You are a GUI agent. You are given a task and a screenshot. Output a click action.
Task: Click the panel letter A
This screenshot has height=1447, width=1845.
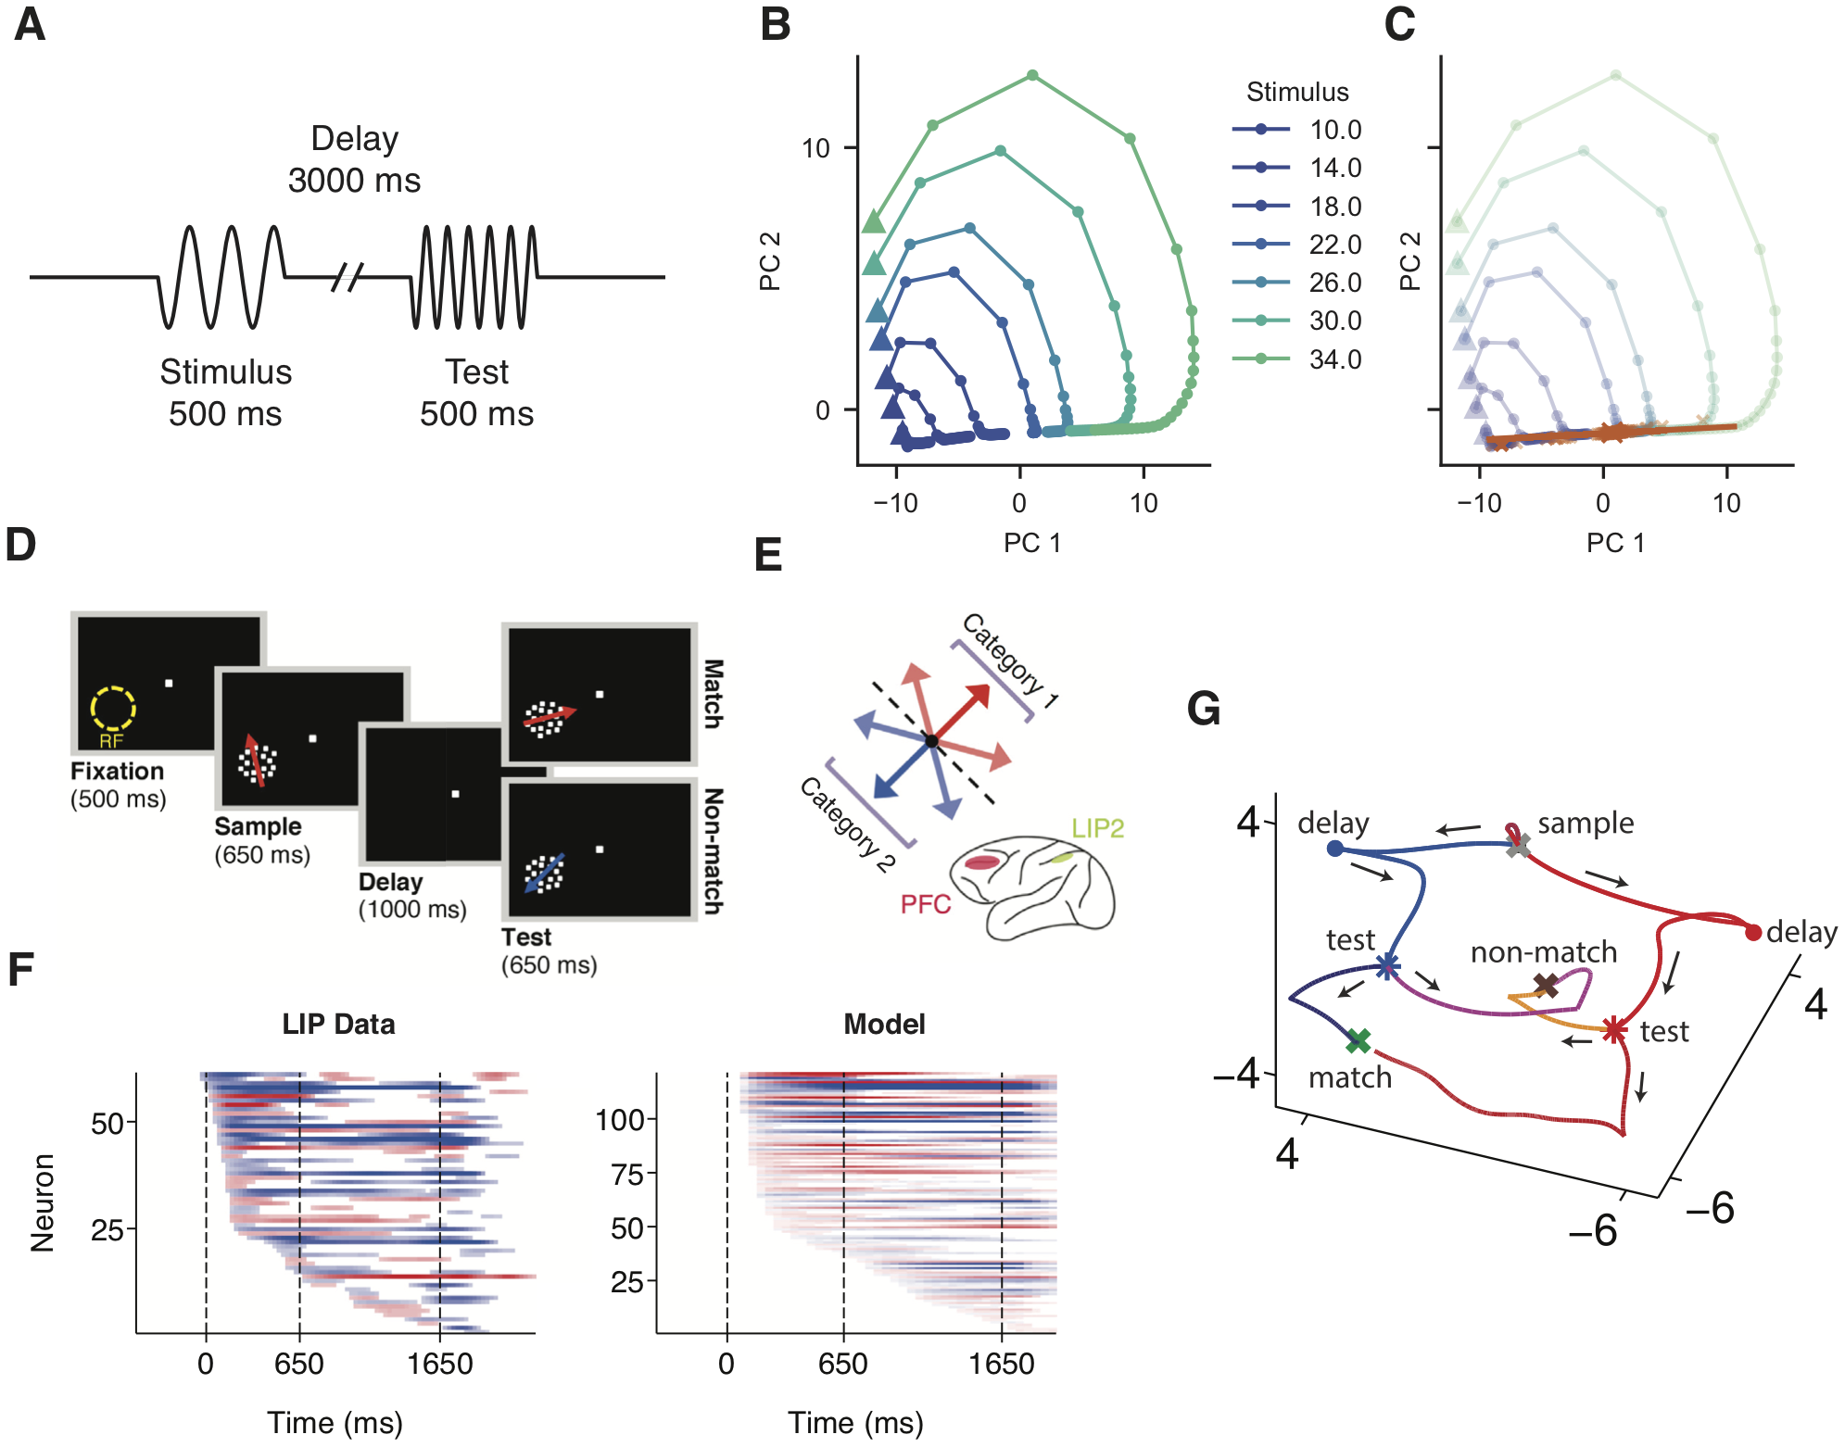coord(30,25)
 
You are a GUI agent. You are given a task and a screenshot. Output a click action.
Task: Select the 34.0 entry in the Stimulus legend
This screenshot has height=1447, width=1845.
coord(1334,359)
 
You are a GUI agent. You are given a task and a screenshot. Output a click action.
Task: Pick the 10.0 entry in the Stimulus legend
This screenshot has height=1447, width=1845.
coord(1334,130)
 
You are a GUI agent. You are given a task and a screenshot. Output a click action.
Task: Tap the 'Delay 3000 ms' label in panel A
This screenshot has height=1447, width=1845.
coord(354,158)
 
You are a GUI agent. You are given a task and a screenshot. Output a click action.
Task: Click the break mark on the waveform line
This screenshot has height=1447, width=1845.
coord(347,276)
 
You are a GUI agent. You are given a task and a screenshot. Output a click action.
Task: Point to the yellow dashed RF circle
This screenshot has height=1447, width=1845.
coord(113,709)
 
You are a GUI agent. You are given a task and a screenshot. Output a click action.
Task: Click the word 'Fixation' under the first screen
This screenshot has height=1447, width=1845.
coord(117,771)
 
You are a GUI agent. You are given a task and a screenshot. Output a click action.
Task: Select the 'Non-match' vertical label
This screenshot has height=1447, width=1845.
coord(713,850)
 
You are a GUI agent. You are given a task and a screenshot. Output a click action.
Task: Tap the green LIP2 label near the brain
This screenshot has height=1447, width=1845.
coord(1097,828)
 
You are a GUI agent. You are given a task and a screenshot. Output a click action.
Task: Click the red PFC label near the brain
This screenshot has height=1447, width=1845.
coord(926,904)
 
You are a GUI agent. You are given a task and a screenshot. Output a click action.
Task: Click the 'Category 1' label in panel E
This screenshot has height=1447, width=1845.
coord(1010,661)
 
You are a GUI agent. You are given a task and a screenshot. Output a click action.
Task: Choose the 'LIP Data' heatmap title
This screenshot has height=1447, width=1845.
coord(338,1024)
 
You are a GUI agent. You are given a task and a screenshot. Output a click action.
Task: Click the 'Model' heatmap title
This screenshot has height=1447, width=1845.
coord(884,1024)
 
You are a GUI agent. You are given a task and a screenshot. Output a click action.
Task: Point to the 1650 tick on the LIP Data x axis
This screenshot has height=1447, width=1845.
coord(440,1364)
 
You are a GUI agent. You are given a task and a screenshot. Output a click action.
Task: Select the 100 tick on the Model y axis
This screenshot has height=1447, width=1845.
coord(620,1120)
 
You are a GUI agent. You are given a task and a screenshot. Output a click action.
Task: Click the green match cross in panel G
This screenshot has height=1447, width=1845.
coord(1358,1041)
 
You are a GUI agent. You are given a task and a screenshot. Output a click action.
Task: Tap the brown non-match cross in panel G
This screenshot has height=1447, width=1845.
coord(1546,985)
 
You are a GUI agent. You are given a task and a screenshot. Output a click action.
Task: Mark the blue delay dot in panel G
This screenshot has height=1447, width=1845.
coord(1334,849)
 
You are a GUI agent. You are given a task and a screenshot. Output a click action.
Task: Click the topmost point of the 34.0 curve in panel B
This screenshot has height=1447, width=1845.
coord(1032,76)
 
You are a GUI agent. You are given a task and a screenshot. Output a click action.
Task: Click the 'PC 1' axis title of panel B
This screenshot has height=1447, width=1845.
coord(1032,543)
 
